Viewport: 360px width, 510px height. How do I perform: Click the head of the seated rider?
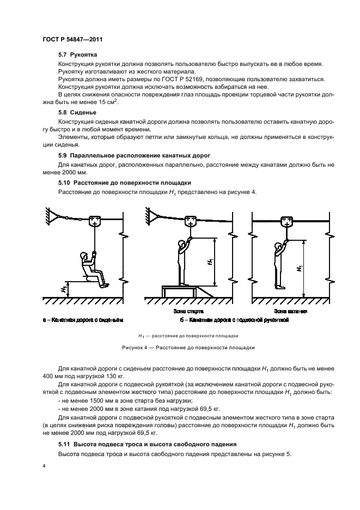pos(84,256)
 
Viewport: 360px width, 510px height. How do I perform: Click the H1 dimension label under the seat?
pos(64,289)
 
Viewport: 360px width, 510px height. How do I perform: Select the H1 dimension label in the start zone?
pos(210,262)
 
